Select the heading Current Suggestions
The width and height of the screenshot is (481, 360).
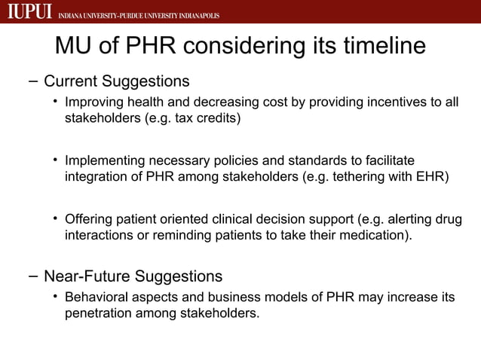117,81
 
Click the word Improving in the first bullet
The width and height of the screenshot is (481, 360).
94,102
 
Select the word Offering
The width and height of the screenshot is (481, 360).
89,219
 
